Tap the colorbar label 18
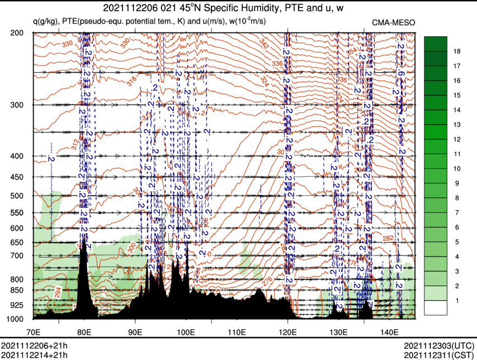pyautogui.click(x=456, y=51)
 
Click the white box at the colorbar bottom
pyautogui.click(x=436, y=307)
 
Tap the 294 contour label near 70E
pyautogui.click(x=58, y=292)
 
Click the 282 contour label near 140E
pyautogui.click(x=389, y=238)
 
